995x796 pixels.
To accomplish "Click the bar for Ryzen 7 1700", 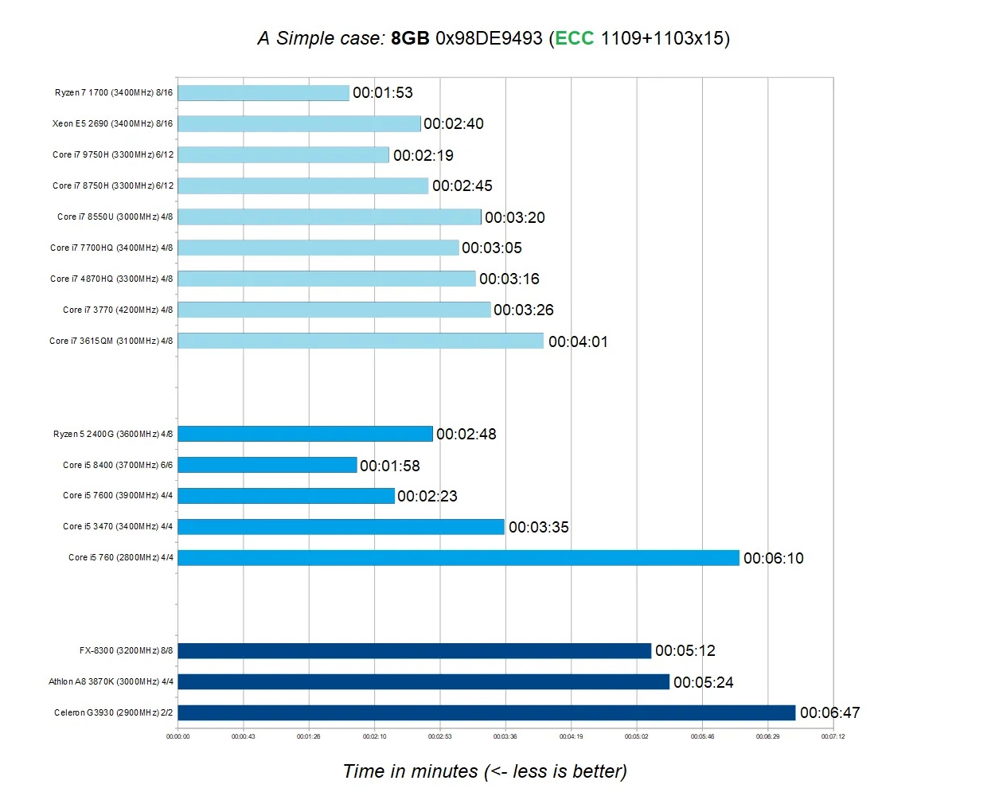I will coord(263,93).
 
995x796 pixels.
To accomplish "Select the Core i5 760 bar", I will coord(458,558).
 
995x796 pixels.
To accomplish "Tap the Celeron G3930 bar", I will coord(486,712).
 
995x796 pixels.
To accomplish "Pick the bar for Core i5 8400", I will coord(267,465).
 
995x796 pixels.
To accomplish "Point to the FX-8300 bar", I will coord(415,651).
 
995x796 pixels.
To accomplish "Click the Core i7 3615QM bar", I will coord(361,341).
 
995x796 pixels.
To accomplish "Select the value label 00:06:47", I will coord(829,712).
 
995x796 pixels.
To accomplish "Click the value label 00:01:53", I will coord(383,93).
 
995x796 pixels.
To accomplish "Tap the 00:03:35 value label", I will coord(539,527).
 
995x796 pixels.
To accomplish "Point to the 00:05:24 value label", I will coord(704,682).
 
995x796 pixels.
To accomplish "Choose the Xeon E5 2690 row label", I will coord(112,123).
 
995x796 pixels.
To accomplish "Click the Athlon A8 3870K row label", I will coord(111,681).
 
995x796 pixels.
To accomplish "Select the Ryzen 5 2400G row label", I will coord(113,434).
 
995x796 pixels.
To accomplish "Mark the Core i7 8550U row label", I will coord(115,217).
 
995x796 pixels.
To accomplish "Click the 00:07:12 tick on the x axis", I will coord(833,736).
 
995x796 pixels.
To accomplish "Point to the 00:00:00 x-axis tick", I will coord(178,736).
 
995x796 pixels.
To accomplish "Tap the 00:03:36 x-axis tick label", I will coord(505,736).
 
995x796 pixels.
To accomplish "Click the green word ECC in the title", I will coord(574,38).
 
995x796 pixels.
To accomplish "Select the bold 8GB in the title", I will coord(410,38).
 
